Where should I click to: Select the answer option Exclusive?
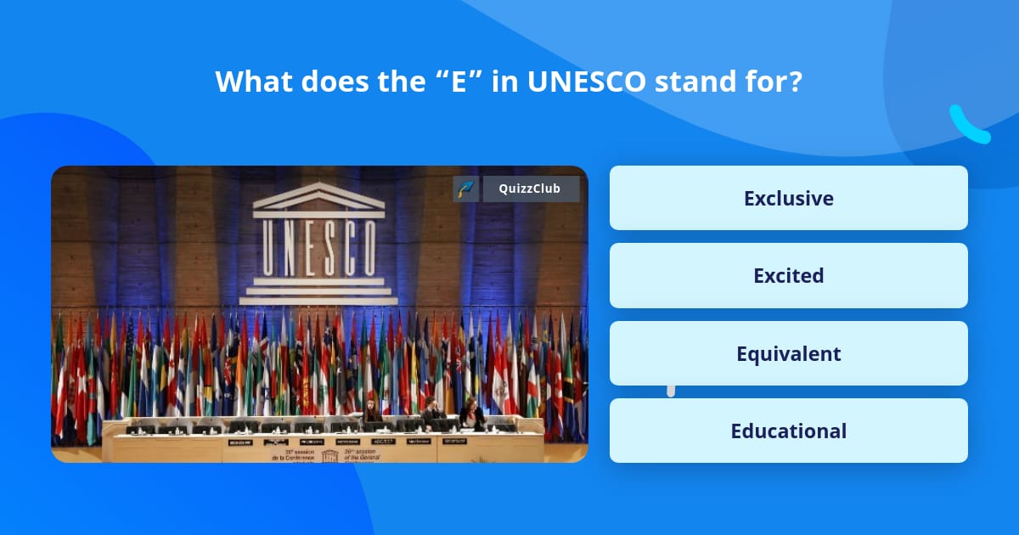(788, 198)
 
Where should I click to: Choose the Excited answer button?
(788, 275)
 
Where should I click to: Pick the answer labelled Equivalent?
(788, 353)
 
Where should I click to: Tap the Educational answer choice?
(788, 431)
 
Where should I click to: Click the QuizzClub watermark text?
(531, 189)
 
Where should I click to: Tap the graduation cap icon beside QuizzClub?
(466, 189)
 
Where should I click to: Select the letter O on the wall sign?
(367, 248)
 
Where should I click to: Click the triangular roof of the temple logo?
(317, 197)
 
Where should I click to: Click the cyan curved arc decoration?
(968, 126)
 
